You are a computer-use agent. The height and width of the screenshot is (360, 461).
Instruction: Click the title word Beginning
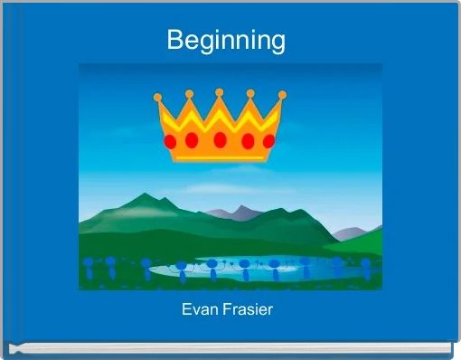(226, 41)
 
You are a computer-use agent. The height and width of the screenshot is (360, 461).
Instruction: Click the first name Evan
(199, 310)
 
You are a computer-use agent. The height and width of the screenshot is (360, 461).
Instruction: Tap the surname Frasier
(249, 310)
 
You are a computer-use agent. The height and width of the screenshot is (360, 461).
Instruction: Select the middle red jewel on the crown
(220, 140)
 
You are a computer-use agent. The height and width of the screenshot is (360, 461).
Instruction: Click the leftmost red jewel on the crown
(169, 143)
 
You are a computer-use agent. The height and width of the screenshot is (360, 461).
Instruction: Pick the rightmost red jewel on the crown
(268, 141)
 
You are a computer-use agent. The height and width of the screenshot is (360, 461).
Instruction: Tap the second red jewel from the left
(193, 140)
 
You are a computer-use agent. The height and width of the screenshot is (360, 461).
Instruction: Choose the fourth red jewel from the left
(246, 140)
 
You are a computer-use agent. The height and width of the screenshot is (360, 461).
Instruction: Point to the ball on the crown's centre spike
(219, 92)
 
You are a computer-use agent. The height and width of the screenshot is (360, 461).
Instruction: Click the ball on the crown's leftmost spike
(158, 97)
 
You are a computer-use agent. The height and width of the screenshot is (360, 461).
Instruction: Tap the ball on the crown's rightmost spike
(282, 94)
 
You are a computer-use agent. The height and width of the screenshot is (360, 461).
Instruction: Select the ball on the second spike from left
(189, 93)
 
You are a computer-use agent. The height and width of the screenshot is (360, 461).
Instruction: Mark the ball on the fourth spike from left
(250, 92)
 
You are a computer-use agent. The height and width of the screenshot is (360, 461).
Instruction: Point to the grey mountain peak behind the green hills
(240, 211)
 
